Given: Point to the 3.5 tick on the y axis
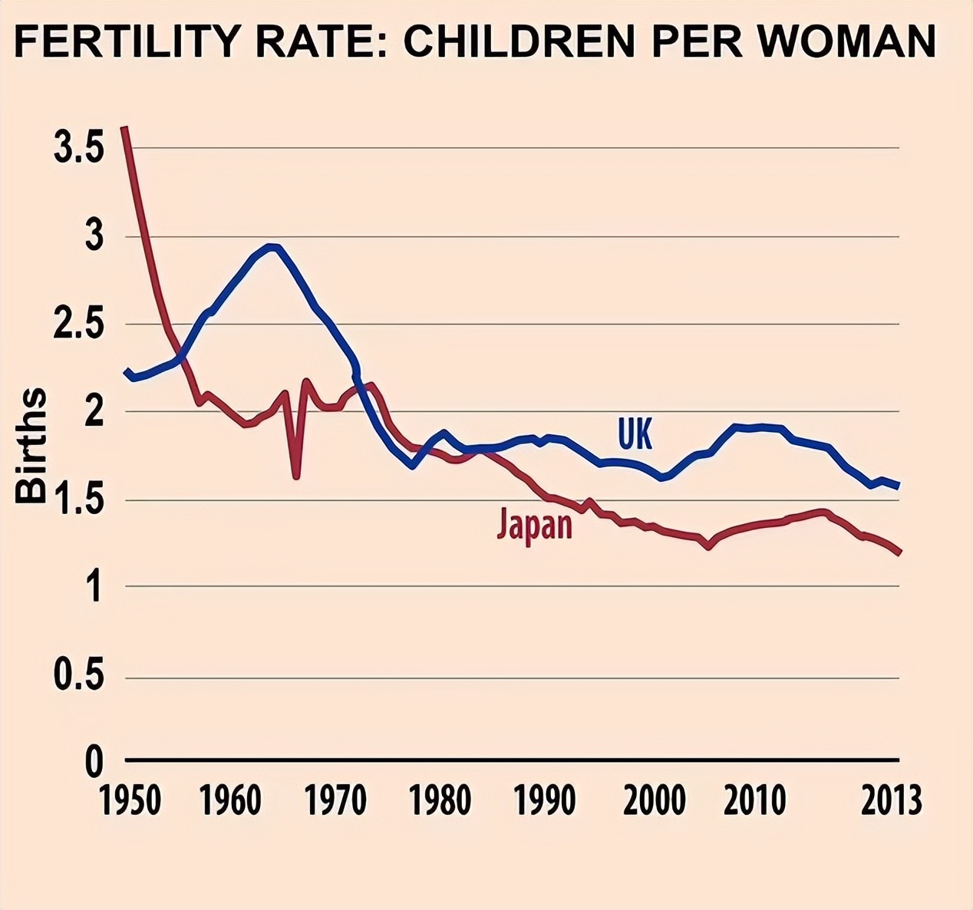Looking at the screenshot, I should [x=79, y=148].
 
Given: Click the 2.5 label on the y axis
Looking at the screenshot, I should [x=79, y=325].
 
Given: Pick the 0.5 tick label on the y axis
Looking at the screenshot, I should [x=79, y=676].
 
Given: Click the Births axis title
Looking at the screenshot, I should [x=31, y=446].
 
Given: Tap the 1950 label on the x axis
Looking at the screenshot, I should [x=130, y=800].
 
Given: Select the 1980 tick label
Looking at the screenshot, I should [x=440, y=800].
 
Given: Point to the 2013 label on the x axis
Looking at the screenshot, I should [x=891, y=800].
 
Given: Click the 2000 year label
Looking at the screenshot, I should [x=654, y=800].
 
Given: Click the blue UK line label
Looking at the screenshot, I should [x=635, y=434].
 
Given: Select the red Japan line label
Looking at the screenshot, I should [x=535, y=524].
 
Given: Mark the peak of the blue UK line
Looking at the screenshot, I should [x=272, y=246].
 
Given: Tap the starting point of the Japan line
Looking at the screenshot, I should [x=124, y=128].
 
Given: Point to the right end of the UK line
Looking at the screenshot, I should [x=898, y=486].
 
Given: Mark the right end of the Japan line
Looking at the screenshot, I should [x=899, y=552].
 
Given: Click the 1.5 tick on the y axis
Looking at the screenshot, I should [x=79, y=500].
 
